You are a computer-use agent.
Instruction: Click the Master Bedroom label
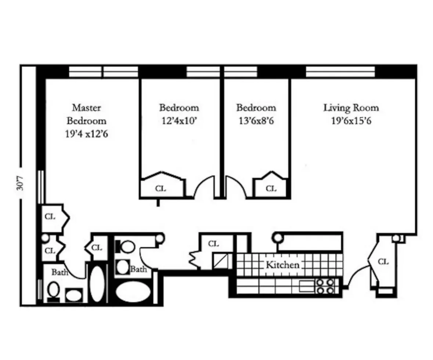coord(86,114)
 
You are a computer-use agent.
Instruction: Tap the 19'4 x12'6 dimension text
coord(86,134)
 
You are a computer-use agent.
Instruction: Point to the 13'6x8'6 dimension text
coord(256,121)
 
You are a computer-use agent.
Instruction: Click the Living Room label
coord(351,108)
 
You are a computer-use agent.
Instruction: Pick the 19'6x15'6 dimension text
coord(351,121)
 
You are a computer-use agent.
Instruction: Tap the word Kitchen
coord(282,264)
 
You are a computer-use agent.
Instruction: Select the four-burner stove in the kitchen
coord(325,286)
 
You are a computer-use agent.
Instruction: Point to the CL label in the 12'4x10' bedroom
coord(160,189)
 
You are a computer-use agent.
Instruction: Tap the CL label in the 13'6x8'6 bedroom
coord(271,189)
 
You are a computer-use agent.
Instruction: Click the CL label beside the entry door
coord(383,262)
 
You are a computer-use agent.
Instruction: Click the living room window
coord(340,72)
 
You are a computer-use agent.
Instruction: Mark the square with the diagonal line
coord(220,261)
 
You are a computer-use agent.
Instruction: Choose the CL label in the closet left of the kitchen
coord(213,244)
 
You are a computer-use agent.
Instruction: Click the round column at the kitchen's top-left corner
coord(278,238)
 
